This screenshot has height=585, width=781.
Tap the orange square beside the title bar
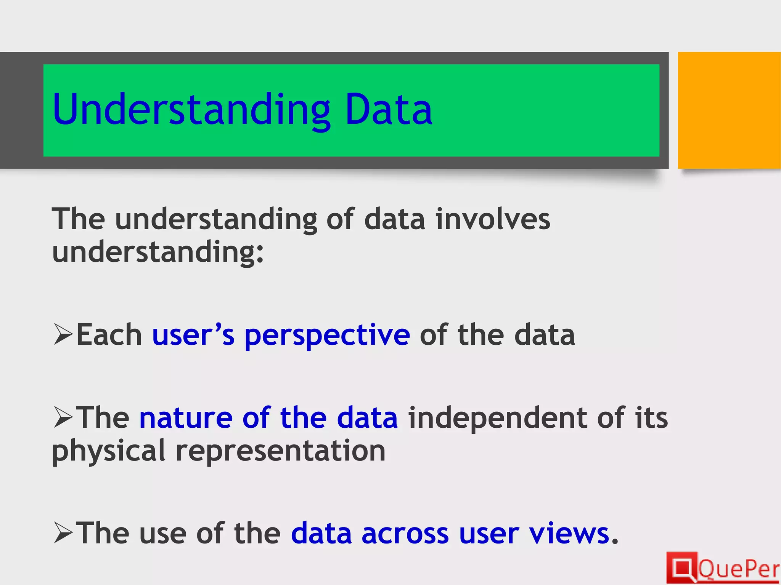(x=729, y=110)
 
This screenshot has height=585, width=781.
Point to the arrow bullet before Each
(x=63, y=334)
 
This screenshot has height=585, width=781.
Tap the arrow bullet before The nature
(x=63, y=417)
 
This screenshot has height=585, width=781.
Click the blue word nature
(x=186, y=418)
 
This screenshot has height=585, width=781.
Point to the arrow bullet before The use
(x=63, y=533)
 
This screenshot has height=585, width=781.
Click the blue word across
(x=405, y=533)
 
